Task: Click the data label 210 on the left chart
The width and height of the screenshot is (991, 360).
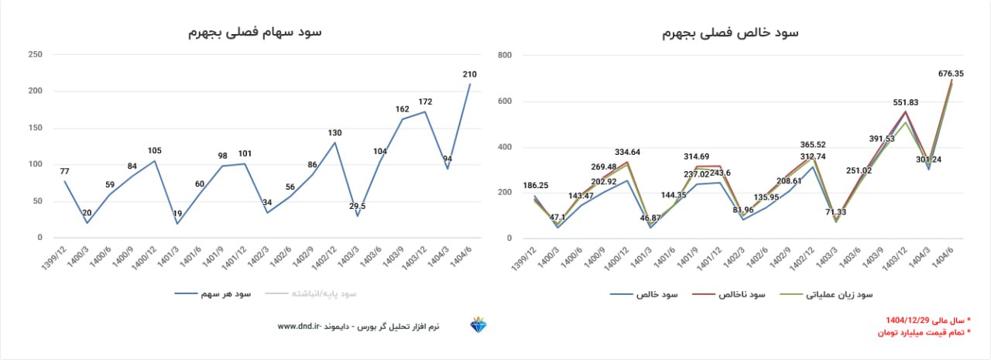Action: (x=469, y=74)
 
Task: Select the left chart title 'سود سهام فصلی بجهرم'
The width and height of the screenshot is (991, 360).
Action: (x=255, y=33)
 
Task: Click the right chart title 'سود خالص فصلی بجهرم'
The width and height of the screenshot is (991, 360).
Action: (x=731, y=33)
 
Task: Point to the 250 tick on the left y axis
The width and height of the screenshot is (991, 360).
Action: (x=35, y=54)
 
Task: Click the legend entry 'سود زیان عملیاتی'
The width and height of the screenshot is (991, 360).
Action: (x=839, y=295)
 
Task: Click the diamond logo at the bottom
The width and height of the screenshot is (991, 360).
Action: (x=478, y=326)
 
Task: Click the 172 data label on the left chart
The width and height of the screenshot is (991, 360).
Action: (x=425, y=101)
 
